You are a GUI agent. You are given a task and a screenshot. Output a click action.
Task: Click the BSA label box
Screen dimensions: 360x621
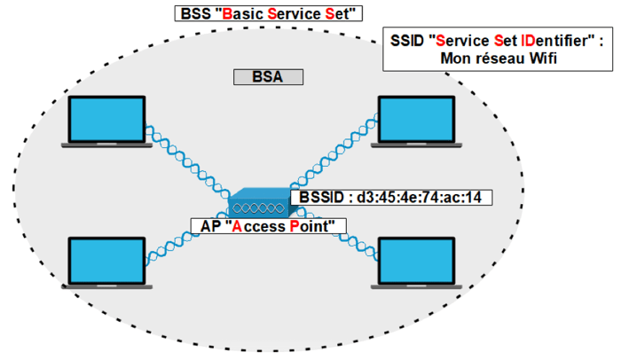[268, 77]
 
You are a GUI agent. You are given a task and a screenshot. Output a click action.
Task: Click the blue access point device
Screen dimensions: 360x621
[258, 204]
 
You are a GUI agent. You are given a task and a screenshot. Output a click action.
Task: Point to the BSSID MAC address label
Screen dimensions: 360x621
[391, 198]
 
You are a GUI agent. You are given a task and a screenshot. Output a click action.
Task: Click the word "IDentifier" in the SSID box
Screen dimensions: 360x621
[549, 41]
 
